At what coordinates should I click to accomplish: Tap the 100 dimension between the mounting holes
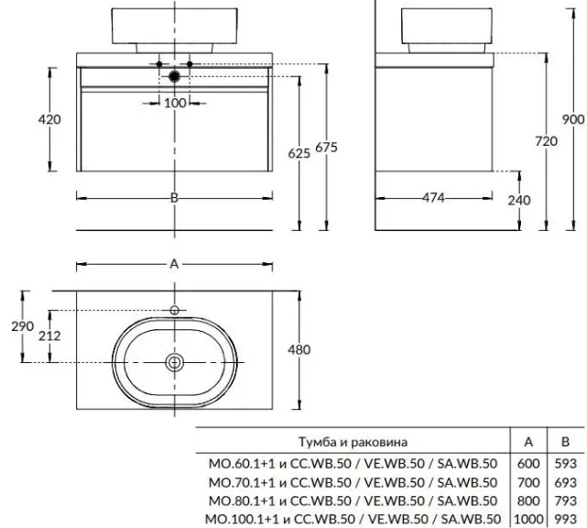point(175,103)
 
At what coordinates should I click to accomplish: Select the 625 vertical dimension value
point(299,153)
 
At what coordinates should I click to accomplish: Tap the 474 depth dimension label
point(435,198)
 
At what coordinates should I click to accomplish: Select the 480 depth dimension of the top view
point(299,348)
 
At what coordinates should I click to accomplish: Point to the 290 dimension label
point(24,327)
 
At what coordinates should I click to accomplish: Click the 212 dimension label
point(50,335)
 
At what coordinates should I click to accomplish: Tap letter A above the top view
point(174,264)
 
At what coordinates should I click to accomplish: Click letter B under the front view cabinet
point(174,198)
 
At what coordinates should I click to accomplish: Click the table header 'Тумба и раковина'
point(348,441)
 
